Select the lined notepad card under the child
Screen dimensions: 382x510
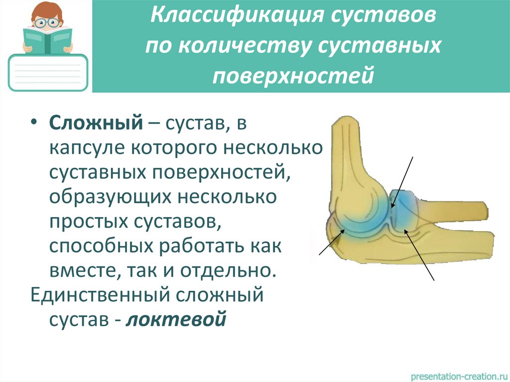pyautogui.click(x=48, y=73)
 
